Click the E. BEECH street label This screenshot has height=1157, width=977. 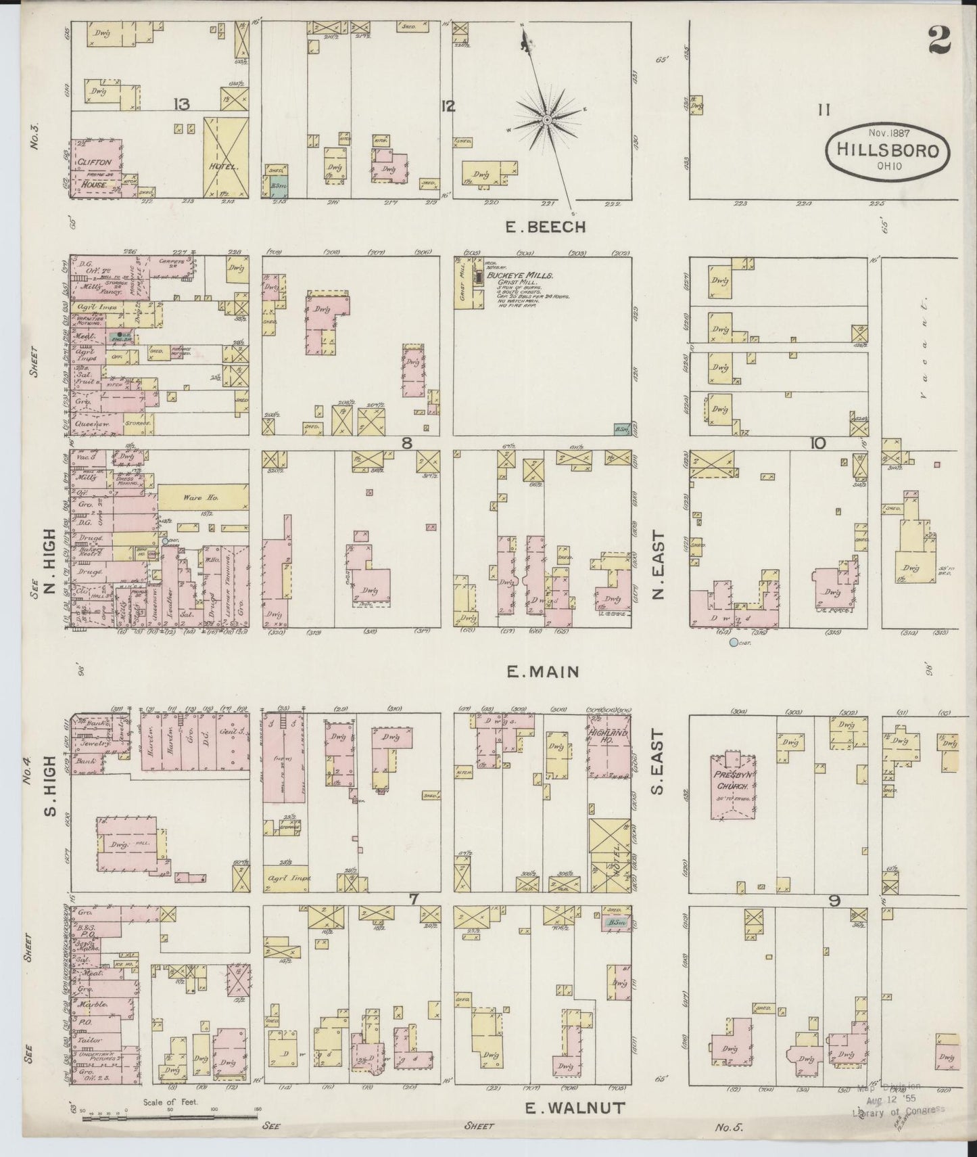546,227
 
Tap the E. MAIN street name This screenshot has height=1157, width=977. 543,671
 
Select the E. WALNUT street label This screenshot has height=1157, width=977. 575,1107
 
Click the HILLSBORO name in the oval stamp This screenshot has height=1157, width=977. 887,150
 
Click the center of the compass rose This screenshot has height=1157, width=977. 546,120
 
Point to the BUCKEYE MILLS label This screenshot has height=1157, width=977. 529,276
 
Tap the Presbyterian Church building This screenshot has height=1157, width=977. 732,787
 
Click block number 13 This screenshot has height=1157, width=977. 181,104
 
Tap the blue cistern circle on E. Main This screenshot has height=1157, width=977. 734,642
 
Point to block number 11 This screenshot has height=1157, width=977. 823,110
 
